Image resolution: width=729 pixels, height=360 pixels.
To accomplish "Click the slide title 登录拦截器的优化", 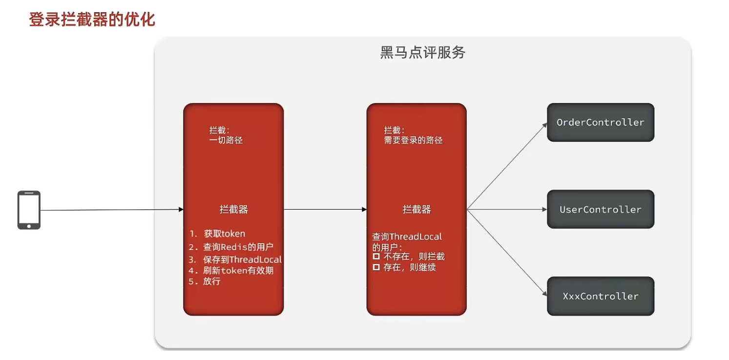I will pos(92,20).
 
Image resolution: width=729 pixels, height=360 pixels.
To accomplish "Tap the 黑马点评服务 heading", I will pos(422,53).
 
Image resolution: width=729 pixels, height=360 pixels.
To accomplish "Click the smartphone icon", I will pos(29,210).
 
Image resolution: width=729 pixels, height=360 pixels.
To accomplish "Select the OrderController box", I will pos(600,123).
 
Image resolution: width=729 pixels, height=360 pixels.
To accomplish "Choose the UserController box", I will pos(600,210).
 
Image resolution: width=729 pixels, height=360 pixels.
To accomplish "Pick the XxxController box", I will pos(600,296).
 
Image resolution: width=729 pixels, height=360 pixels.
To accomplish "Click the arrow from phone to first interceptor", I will pos(112,210).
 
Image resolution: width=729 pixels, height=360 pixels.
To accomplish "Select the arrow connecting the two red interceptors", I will pos(325,210).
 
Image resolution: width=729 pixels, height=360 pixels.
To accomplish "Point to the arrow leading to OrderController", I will pos(508,166).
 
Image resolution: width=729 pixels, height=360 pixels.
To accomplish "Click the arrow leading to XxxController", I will pos(508,254).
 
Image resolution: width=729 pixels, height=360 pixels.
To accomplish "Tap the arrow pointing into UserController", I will pos(508,210).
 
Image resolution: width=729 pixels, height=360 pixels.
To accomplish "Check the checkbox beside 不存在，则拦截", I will pos(376,256).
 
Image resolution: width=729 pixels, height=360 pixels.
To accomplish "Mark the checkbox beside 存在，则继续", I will pos(376,267).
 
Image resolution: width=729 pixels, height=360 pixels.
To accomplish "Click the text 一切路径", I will pos(226,140).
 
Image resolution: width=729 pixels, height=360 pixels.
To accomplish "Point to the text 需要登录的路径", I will pos(413,140).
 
